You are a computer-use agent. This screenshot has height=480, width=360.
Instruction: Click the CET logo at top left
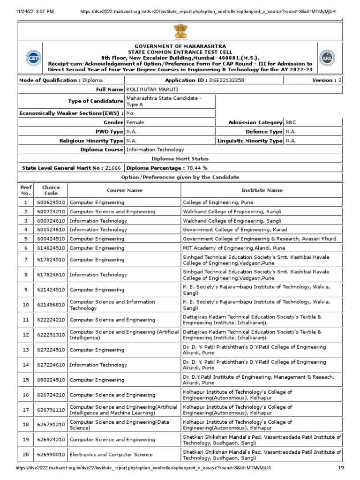click(x=33, y=58)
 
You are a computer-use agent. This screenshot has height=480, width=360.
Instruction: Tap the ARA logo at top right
click(x=327, y=58)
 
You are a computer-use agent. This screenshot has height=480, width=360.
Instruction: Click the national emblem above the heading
click(x=180, y=32)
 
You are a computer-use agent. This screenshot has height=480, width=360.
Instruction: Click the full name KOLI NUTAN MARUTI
click(x=152, y=89)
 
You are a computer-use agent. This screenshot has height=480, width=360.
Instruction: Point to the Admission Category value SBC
click(x=291, y=122)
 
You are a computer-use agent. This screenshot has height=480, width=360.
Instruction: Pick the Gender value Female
click(x=135, y=122)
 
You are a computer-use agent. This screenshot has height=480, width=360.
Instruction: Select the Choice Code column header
click(x=51, y=190)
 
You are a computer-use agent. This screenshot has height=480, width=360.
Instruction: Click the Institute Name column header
click(x=262, y=190)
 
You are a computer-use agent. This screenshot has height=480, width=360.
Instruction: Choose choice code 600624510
click(x=51, y=202)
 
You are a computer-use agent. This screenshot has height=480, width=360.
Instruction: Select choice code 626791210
click(x=51, y=425)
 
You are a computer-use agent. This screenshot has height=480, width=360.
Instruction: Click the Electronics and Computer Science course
click(x=111, y=454)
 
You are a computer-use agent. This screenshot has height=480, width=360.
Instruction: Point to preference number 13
click(x=26, y=350)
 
